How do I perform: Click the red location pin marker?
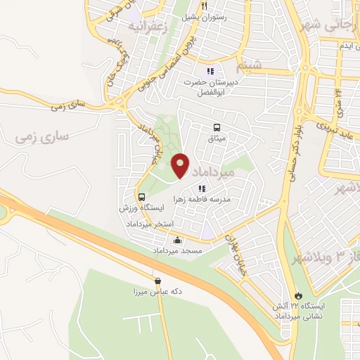(180, 165)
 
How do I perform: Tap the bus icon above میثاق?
(217, 128)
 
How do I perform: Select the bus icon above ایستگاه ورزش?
(142, 197)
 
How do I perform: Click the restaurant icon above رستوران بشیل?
(204, 6)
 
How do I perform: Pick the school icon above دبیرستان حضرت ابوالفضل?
(210, 71)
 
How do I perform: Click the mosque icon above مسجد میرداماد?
(176, 240)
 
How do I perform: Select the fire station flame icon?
(300, 295)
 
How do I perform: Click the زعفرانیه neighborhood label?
(150, 27)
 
